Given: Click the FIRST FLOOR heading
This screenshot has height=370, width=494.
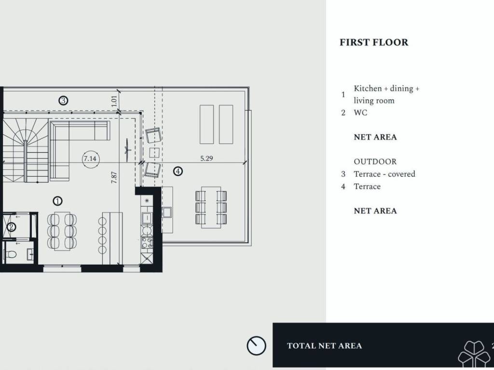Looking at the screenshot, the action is [374, 42].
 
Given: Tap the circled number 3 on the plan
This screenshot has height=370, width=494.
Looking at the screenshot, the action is [63, 100].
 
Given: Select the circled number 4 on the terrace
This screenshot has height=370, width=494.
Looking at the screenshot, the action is [178, 171].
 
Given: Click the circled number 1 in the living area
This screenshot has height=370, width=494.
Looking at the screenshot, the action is [57, 201].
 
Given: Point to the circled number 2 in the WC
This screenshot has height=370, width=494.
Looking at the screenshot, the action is [12, 226].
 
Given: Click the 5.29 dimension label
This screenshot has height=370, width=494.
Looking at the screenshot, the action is [206, 158].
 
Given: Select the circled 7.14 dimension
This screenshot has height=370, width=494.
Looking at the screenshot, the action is [90, 159].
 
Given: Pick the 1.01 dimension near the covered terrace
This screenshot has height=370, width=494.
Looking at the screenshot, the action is [114, 101].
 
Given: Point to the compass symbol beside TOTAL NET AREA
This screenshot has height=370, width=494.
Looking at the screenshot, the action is [256, 345].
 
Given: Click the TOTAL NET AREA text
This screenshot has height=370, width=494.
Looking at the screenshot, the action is [324, 346].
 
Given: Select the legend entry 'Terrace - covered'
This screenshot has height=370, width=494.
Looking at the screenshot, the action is [384, 174].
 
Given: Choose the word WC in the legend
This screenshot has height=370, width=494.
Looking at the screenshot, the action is [360, 113].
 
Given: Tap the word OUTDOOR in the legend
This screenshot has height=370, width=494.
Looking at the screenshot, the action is [375, 162].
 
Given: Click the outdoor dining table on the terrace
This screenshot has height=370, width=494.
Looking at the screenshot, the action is [211, 207].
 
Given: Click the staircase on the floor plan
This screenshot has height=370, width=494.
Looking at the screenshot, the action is [25, 150].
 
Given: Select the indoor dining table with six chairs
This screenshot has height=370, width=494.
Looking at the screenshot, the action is [62, 231].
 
